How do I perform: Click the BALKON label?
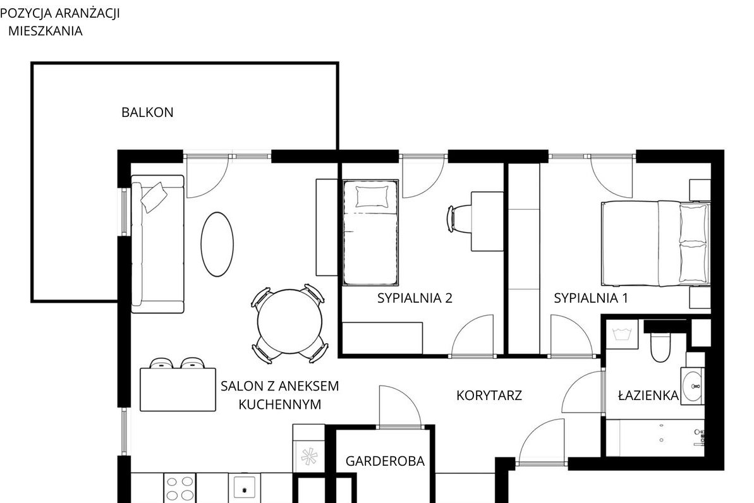pos(147,112)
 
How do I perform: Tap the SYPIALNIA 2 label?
pos(415,298)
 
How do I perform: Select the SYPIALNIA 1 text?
pos(590,298)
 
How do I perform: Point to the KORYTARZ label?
pos(489,396)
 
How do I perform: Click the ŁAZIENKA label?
pos(648,396)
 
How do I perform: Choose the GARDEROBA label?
pos(385,461)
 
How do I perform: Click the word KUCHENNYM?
pos(280,404)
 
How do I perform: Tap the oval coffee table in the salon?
pos(217,245)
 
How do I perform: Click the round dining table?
pos(289,322)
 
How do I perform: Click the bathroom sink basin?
pos(693,386)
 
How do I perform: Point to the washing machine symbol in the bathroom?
pos(622,334)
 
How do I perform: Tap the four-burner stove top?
pos(180,488)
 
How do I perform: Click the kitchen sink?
pos(245,488)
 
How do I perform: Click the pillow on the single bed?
pos(372,197)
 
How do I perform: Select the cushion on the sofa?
pos(154,197)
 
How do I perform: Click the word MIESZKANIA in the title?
pos(46,31)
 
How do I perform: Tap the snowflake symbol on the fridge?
pos(308,456)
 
